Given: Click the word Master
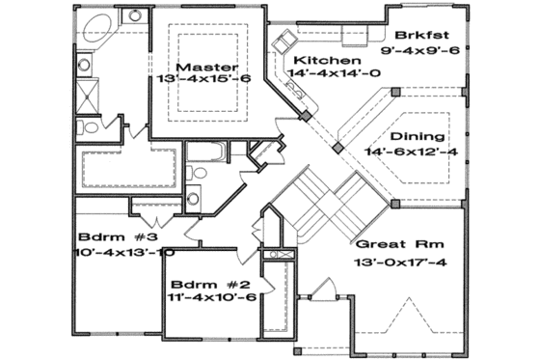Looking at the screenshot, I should click(207, 67).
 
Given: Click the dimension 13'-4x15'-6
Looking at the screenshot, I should click(207, 80).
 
